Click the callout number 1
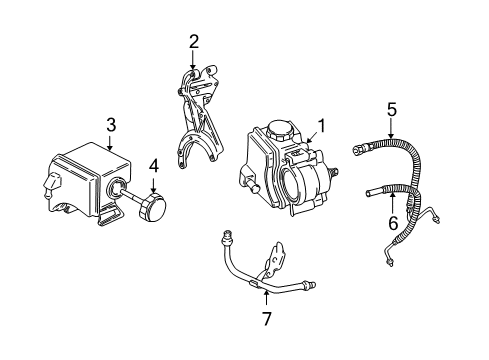(x=321, y=126)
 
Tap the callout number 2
(x=194, y=41)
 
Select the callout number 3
(x=111, y=124)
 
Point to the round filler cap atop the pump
(x=278, y=130)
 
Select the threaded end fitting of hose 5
(x=361, y=151)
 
